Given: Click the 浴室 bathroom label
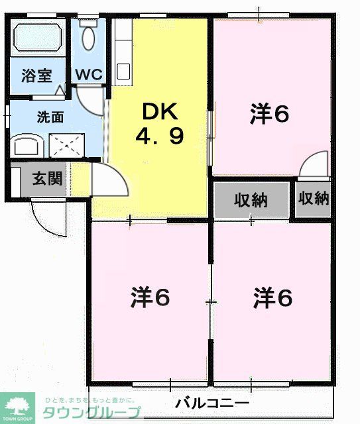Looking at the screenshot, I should [36, 74].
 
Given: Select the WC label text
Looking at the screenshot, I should [88, 74].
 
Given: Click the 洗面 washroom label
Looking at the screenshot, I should [49, 117].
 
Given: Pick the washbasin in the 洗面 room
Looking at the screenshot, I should [27, 146].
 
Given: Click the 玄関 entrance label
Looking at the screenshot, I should [47, 179].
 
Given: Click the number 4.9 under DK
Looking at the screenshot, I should [159, 136].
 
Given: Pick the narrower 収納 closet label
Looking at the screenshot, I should [313, 198].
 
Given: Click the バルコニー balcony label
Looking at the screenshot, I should [213, 403].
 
